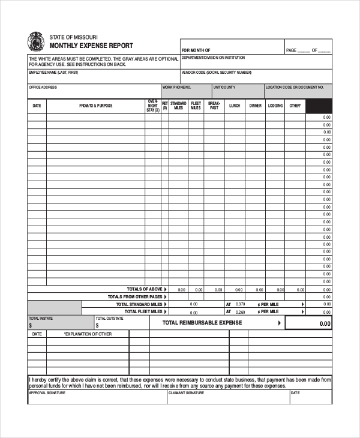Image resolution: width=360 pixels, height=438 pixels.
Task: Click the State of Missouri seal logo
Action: [35, 42]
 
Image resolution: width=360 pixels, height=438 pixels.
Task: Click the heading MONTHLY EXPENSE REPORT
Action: [91, 46]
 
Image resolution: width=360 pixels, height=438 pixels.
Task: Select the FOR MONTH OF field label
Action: [196, 50]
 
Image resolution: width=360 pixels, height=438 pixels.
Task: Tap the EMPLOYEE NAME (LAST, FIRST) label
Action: [53, 73]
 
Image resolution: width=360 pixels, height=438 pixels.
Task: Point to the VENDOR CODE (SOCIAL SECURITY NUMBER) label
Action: [217, 73]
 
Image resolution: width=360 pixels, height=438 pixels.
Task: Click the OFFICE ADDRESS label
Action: [43, 87]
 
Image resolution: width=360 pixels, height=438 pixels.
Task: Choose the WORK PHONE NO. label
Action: [176, 87]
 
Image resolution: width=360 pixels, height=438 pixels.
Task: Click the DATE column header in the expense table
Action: [37, 106]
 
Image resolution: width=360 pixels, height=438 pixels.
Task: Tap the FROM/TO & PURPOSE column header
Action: [95, 106]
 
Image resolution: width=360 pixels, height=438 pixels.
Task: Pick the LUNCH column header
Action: [235, 106]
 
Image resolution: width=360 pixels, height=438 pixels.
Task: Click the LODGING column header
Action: [275, 106]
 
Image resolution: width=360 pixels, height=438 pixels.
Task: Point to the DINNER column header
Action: [255, 106]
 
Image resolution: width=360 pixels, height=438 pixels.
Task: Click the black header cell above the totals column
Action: [319, 106]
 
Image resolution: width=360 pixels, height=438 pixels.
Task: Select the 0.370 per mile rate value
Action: [240, 304]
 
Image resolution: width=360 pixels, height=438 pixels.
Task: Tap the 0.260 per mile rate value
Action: [240, 312]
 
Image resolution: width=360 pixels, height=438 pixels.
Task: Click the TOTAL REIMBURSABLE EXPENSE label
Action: [202, 323]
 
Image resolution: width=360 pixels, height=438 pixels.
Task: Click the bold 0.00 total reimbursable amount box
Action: [308, 323]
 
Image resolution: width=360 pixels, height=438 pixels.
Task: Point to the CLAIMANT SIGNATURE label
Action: [186, 394]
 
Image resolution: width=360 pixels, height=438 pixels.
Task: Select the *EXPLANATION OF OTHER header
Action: [88, 334]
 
